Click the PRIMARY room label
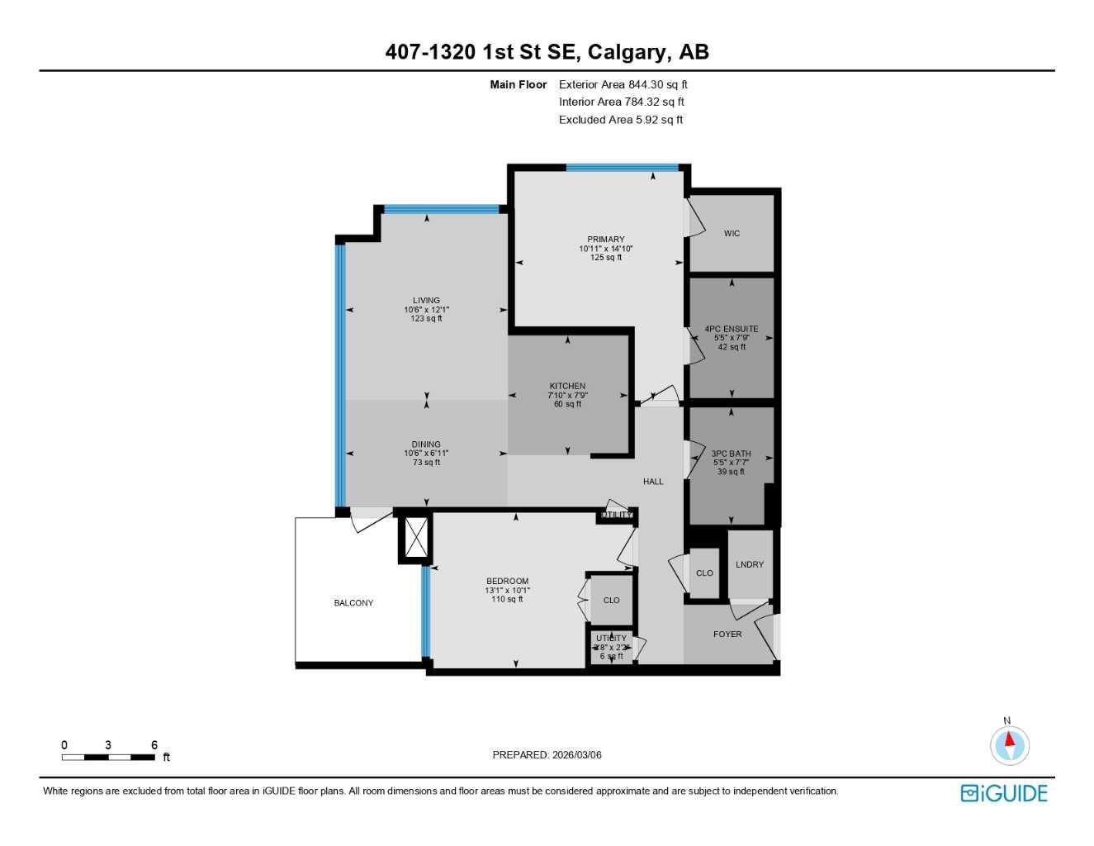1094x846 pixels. click(x=606, y=240)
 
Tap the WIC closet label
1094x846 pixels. click(x=732, y=234)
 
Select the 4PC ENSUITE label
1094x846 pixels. click(x=732, y=329)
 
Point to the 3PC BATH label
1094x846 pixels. click(x=732, y=454)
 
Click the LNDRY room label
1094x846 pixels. click(x=750, y=565)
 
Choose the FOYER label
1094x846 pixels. click(x=727, y=634)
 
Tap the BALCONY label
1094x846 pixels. click(x=353, y=603)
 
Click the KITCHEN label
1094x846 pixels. click(x=568, y=386)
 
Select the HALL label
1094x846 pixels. click(x=653, y=482)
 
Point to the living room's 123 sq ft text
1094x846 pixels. click(x=427, y=319)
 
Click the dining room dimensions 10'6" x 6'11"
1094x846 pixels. click(x=427, y=454)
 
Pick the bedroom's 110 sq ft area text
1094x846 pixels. click(x=507, y=599)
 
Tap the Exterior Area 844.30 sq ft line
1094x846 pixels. click(x=623, y=84)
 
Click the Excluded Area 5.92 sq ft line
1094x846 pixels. click(x=620, y=120)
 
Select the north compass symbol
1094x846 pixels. click(x=1009, y=744)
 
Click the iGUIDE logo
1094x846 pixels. click(x=1004, y=793)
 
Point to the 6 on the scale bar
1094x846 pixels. click(x=154, y=745)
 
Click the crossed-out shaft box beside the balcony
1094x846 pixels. click(x=414, y=539)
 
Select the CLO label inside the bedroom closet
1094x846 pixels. click(x=611, y=601)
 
